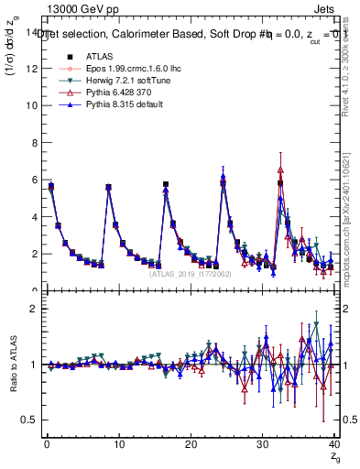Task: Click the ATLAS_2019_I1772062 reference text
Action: click(x=190, y=273)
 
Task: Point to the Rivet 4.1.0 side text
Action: click(x=352, y=70)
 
